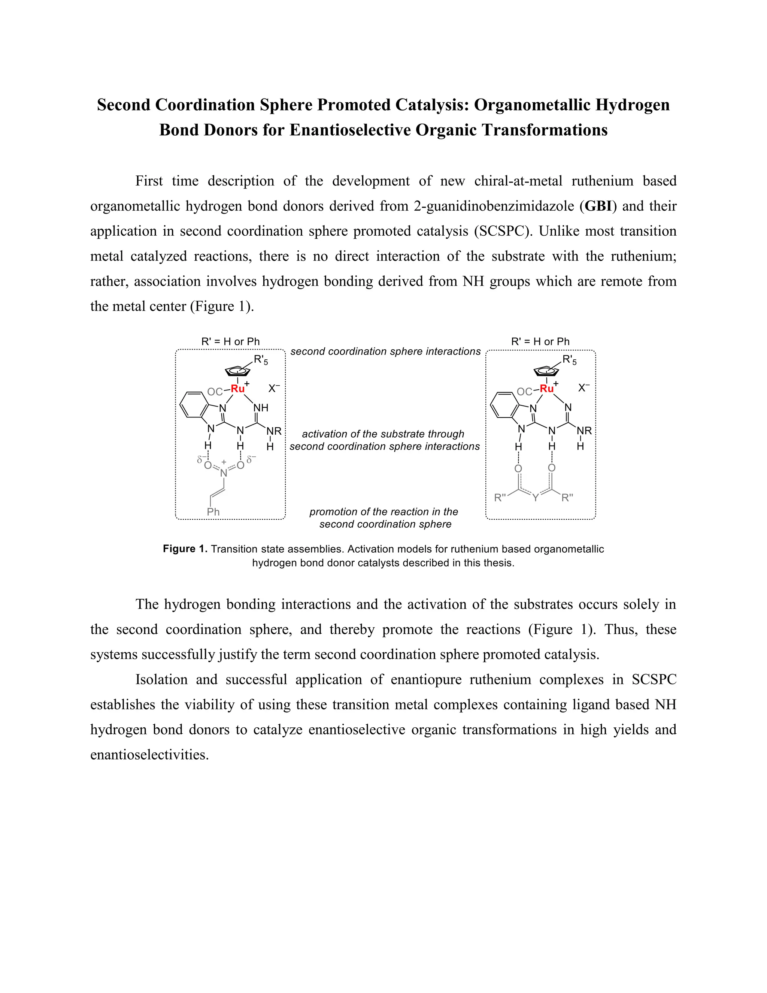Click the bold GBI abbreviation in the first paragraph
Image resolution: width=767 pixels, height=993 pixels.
598,206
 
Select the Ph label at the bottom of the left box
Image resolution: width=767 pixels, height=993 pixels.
213,512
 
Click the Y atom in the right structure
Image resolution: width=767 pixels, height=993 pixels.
535,498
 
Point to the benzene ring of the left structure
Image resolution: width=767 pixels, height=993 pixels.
194,404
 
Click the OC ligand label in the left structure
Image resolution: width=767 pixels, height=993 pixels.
215,392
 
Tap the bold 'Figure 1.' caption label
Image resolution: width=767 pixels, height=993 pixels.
185,549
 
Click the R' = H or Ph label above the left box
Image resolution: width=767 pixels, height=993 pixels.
230,341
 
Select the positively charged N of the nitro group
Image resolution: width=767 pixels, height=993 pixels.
224,473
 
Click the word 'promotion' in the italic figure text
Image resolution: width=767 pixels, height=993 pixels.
330,512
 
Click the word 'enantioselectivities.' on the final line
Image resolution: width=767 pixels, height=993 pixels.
149,755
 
